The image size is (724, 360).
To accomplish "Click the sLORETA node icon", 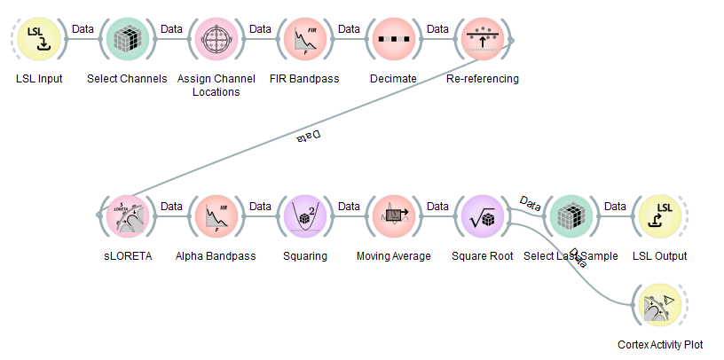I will pyautogui.click(x=127, y=216).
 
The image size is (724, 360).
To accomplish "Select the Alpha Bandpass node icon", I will pyautogui.click(x=216, y=216).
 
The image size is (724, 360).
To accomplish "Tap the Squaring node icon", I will pyautogui.click(x=304, y=216).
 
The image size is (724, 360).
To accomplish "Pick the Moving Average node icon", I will pyautogui.click(x=393, y=216).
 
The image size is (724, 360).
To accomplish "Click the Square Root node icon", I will pyautogui.click(x=482, y=216).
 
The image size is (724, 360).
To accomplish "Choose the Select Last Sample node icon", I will pyautogui.click(x=571, y=216).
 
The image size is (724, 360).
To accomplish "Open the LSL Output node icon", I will pyautogui.click(x=659, y=216).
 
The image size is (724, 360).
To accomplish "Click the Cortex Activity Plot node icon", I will pyautogui.click(x=659, y=305).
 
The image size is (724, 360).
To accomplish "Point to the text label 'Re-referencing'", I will pyautogui.click(x=482, y=79).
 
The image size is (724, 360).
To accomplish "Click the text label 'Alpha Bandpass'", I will pyautogui.click(x=216, y=256).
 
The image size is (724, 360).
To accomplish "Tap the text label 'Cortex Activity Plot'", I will pyautogui.click(x=659, y=345).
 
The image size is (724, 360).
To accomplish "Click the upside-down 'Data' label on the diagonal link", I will pyautogui.click(x=306, y=136).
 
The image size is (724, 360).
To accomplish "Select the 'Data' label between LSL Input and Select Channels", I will pyautogui.click(x=83, y=29).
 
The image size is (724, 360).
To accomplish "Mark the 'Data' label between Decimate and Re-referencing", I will pyautogui.click(x=437, y=29).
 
